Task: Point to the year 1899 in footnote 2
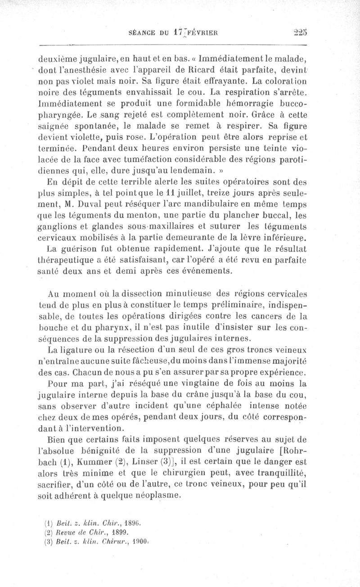click(x=119, y=532)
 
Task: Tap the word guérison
click(x=79, y=248)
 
